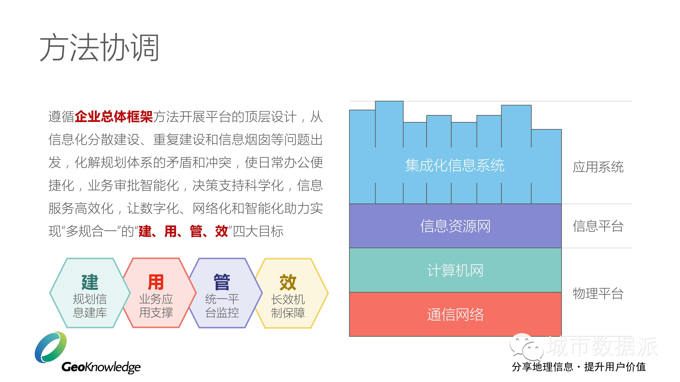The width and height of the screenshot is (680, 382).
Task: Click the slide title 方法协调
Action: pos(99,48)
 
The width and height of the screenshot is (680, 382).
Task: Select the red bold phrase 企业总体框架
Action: pos(114,116)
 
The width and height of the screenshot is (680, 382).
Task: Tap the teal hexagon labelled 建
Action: pos(90,293)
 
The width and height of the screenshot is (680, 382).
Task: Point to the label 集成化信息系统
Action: pos(455,165)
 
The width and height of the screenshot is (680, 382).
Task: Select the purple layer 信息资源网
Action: pos(455,226)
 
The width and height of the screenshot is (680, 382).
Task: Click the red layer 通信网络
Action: pos(455,314)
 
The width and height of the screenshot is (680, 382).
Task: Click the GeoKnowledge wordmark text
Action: pos(101,367)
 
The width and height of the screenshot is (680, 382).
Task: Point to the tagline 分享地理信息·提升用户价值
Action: pos(579,367)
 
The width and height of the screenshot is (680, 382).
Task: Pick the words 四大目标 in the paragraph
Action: pos(258,231)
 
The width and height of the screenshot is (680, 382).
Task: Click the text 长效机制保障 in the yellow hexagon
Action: pos(288,306)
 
